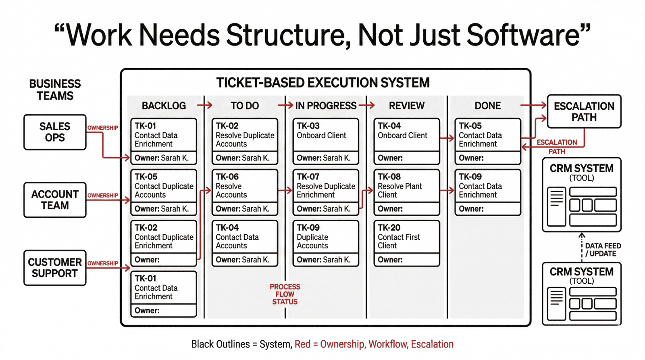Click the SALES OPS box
(55, 132)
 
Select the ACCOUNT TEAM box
(55, 200)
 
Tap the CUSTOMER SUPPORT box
(55, 268)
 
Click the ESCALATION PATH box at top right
(584, 112)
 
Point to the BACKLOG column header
(164, 106)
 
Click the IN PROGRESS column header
(326, 106)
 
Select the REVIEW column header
(406, 106)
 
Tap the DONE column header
(487, 106)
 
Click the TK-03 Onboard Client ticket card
(326, 141)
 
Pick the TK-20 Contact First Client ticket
(406, 243)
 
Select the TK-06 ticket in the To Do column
(245, 192)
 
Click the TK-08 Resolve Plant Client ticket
(406, 192)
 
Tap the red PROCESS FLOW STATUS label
(285, 294)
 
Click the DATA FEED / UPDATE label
(603, 250)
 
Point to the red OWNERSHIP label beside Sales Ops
(103, 128)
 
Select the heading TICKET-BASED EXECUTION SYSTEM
(323, 83)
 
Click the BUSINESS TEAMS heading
(55, 89)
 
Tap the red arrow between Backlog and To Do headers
(205, 106)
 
